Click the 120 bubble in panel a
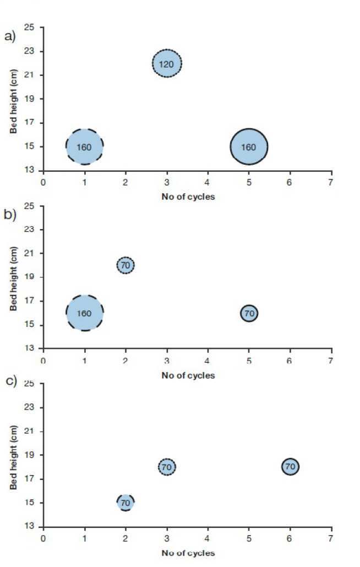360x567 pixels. (167, 64)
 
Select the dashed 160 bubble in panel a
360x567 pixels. (85, 147)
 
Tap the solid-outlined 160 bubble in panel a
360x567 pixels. (249, 147)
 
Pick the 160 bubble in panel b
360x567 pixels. (85, 313)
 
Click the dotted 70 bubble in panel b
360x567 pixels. (126, 265)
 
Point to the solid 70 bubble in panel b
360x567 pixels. (249, 313)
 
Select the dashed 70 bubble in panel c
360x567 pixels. (126, 502)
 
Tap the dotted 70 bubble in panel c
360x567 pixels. (167, 467)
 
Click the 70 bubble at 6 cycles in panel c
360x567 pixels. (290, 467)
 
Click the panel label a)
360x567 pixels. (10, 37)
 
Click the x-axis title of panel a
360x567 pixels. (188, 197)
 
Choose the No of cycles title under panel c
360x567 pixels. (188, 552)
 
